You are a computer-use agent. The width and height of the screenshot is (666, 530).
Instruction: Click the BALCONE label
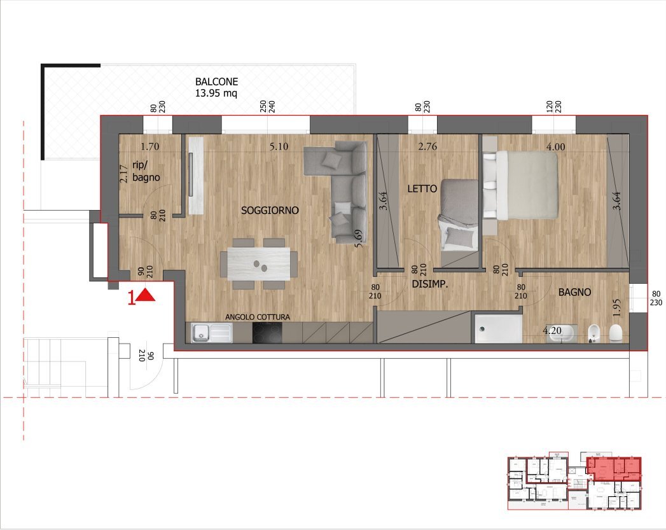216,82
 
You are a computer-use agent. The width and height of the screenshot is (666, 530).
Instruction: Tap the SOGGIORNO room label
270,211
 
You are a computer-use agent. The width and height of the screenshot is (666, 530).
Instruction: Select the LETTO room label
422,189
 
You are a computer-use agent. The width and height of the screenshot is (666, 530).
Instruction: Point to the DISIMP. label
429,285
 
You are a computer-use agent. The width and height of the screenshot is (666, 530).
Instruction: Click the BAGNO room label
574,293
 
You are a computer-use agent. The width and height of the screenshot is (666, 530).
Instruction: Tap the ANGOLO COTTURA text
258,317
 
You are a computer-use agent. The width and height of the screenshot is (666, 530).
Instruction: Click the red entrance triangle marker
146,296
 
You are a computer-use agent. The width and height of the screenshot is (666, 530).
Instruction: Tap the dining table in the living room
254,263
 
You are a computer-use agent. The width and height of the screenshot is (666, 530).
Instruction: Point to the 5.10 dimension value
279,146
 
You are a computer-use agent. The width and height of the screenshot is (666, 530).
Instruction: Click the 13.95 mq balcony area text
216,94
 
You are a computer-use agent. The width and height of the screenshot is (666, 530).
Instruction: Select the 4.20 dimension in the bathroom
552,331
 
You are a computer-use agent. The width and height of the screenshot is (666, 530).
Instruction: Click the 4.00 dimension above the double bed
555,146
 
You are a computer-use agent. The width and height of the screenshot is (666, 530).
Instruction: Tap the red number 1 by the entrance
132,298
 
